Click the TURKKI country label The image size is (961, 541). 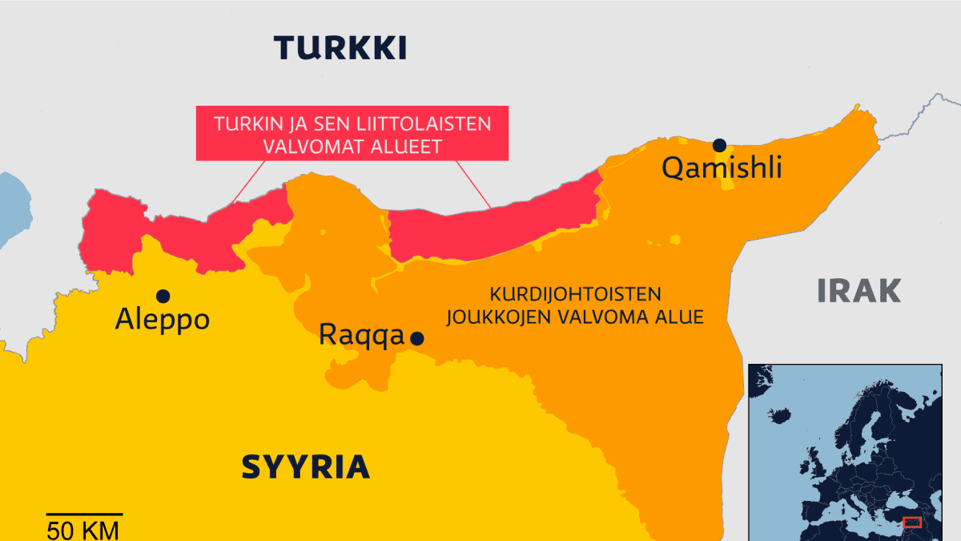(x=340, y=48)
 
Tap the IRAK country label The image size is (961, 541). (x=859, y=291)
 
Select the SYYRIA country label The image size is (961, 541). (x=305, y=466)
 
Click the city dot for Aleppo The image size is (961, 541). (x=163, y=296)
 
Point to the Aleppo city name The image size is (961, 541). (x=163, y=320)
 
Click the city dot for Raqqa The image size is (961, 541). (x=416, y=339)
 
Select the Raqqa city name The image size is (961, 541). (x=361, y=334)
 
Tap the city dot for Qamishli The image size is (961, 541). (x=719, y=145)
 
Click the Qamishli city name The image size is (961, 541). (x=721, y=168)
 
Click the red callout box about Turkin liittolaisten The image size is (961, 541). (x=352, y=134)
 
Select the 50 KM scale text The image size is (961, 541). (x=82, y=530)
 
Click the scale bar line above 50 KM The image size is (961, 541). (x=83, y=514)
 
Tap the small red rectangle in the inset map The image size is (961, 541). (x=911, y=523)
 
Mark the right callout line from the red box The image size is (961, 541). (x=473, y=184)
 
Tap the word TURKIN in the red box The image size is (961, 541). (x=245, y=124)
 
